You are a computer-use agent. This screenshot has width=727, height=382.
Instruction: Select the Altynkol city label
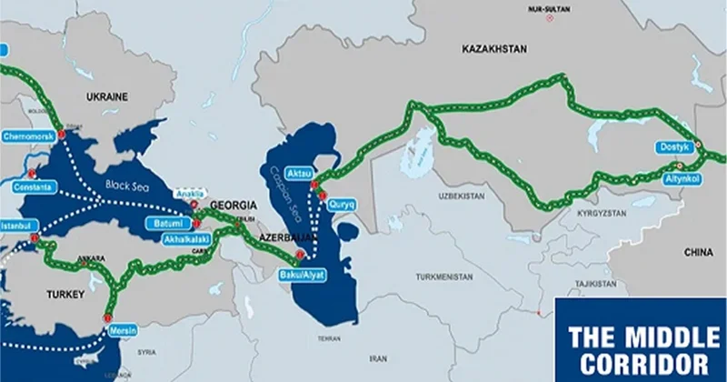coord(681,180)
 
